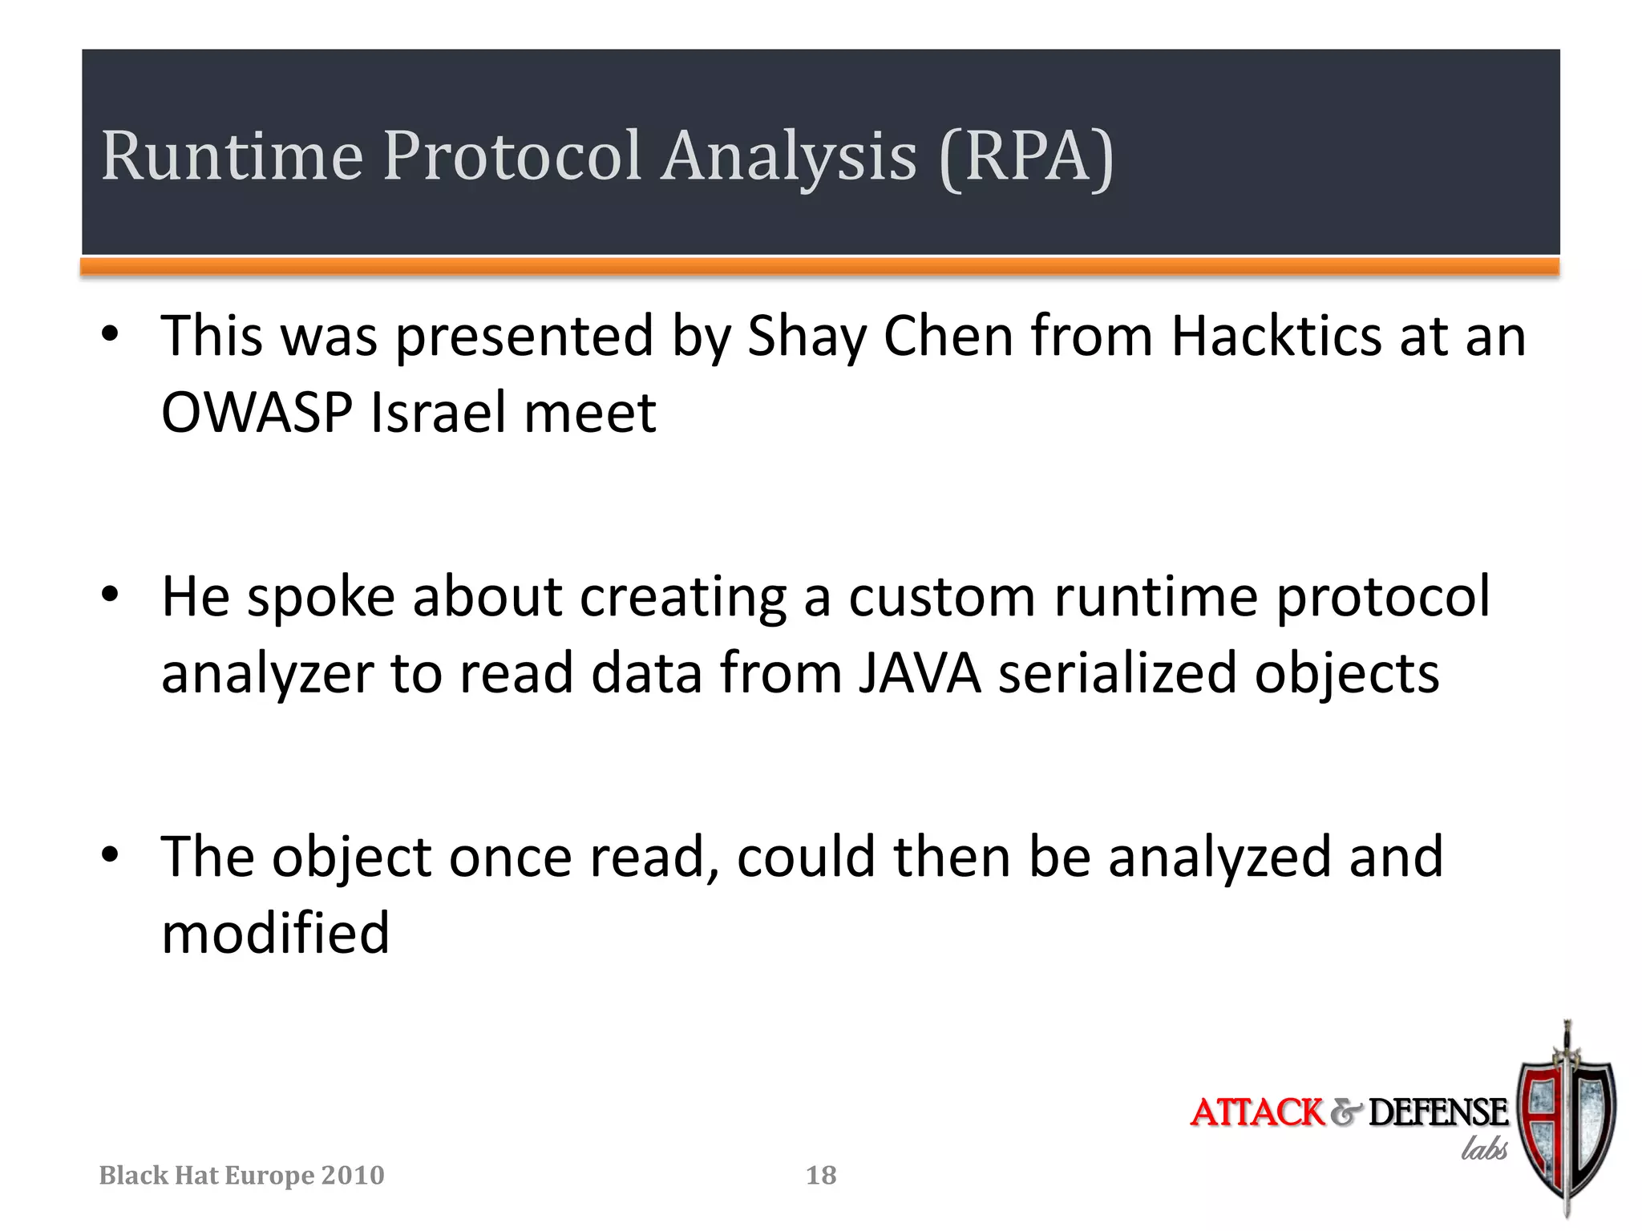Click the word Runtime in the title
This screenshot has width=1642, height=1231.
pos(232,155)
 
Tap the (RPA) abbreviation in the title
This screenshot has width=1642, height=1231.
pos(1025,157)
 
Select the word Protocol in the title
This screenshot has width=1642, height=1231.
pos(512,155)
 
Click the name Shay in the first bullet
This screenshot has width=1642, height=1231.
pos(807,337)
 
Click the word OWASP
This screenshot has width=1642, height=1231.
pos(257,412)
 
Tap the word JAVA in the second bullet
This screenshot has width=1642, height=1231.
pos(920,673)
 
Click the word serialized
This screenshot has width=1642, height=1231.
pos(1118,673)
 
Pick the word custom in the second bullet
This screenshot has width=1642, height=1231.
pos(942,597)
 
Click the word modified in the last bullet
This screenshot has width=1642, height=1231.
pos(275,934)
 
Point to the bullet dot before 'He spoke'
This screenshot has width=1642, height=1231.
pos(110,595)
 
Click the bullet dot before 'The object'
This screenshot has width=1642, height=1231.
pos(110,855)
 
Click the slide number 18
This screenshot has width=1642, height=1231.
pos(821,1175)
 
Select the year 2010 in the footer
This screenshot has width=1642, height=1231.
pos(352,1175)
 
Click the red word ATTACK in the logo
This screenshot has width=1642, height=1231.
pos(1257,1112)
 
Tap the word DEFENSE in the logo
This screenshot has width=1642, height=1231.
pos(1437,1112)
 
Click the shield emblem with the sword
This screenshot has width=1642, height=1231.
pos(1565,1122)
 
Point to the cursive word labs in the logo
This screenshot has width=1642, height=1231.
pos(1483,1148)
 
